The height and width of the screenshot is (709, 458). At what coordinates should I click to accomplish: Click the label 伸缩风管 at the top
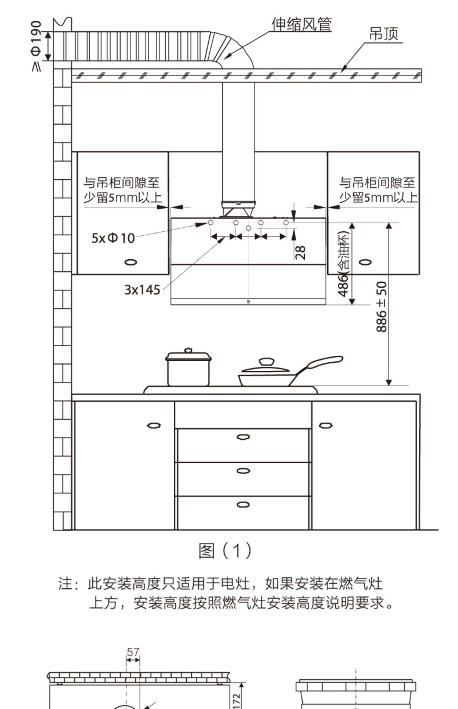(301, 25)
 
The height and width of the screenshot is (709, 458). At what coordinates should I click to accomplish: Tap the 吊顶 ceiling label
(384, 34)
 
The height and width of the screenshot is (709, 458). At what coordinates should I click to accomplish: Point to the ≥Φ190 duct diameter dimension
(36, 46)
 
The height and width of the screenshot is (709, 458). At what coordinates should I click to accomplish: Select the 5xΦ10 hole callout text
(113, 238)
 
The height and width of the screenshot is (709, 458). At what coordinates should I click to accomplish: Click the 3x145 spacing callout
(142, 289)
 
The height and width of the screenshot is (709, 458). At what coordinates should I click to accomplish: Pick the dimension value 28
(301, 253)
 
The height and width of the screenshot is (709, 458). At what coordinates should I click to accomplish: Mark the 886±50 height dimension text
(381, 307)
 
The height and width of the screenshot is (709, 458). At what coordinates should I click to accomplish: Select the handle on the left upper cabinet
(130, 262)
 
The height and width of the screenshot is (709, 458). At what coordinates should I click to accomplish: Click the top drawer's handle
(243, 437)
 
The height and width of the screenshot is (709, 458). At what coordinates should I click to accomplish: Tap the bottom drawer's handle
(243, 505)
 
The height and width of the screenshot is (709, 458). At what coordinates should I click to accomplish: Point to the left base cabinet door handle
(154, 425)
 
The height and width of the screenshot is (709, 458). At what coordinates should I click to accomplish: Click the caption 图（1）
(225, 551)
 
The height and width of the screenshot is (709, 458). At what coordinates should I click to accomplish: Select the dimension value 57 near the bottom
(133, 652)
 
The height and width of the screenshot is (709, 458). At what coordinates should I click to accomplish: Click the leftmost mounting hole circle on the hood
(211, 222)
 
